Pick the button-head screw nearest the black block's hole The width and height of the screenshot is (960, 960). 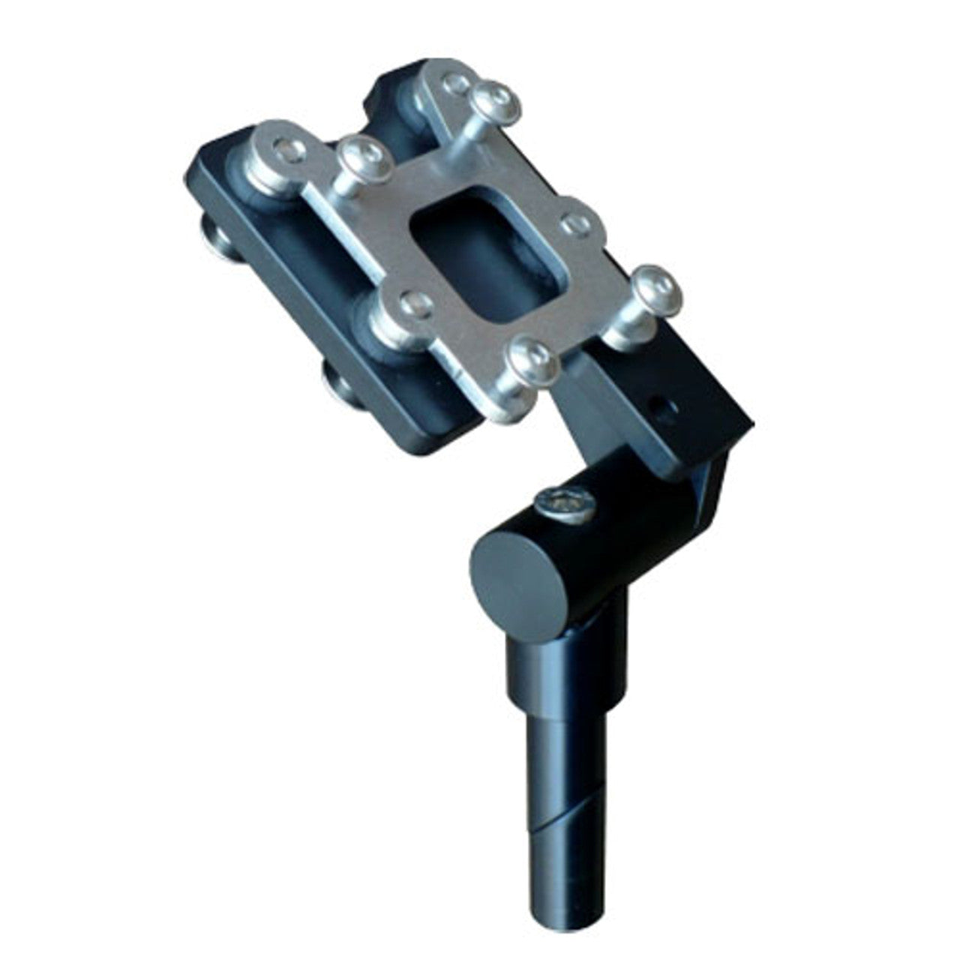pos(657,289)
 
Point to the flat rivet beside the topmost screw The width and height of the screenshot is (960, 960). pos(455,82)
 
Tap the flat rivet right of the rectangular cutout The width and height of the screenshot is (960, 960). pos(575,223)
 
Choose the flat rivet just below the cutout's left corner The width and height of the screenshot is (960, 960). pos(414,303)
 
